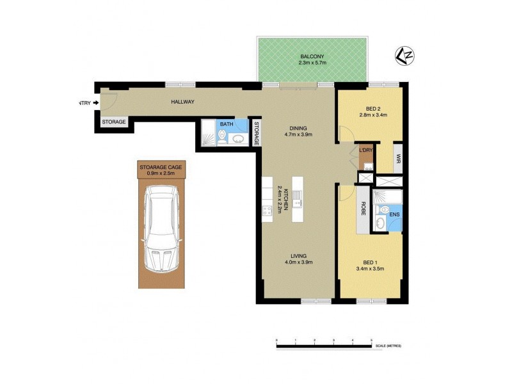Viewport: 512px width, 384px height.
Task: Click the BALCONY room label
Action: [312, 56]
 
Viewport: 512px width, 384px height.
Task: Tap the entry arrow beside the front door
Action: [96, 102]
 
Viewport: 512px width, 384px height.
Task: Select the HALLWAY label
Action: [182, 102]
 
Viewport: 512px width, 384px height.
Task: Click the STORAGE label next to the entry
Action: [114, 122]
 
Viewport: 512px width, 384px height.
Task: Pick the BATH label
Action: [227, 124]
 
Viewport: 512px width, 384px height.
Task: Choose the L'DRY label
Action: [366, 150]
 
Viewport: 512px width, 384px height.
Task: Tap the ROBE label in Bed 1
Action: [363, 208]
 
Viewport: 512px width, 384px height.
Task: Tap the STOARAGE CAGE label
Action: [161, 167]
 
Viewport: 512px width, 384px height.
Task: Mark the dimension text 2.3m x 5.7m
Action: [312, 63]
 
